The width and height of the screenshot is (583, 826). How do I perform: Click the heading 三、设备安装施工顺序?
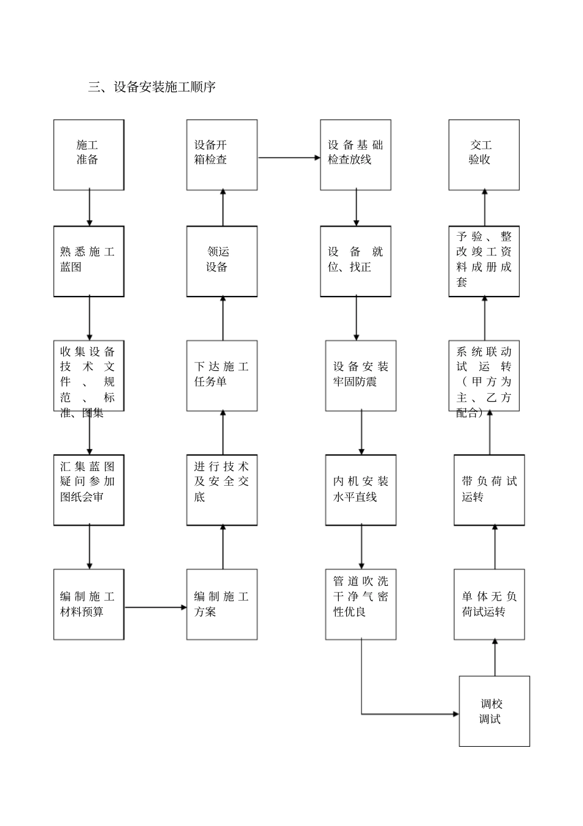[x=152, y=87]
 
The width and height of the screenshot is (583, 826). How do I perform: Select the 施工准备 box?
[x=89, y=155]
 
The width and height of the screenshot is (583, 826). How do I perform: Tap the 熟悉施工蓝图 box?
[x=89, y=261]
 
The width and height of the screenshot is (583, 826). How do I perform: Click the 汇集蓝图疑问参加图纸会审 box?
[x=89, y=490]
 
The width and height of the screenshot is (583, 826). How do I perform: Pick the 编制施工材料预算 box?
[x=89, y=604]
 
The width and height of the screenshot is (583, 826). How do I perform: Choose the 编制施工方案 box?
[x=222, y=604]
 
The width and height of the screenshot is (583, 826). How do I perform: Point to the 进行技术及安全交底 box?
[x=222, y=490]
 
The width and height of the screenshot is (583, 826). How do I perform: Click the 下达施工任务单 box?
[x=222, y=376]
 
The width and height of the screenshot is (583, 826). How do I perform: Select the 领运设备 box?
[x=222, y=261]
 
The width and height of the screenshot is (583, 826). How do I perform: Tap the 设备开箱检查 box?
[x=222, y=155]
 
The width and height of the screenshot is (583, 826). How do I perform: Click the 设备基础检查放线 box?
[x=355, y=155]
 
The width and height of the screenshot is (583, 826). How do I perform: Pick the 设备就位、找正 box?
[x=355, y=261]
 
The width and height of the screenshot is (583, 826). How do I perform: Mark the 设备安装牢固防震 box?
[x=361, y=376]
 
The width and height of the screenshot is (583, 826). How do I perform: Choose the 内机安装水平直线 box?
[x=361, y=490]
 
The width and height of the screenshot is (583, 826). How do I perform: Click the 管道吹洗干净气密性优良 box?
[x=361, y=604]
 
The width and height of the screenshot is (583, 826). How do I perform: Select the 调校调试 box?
[x=494, y=711]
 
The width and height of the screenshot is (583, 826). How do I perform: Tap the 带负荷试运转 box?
[x=489, y=490]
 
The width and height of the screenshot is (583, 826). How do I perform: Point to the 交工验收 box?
[x=484, y=155]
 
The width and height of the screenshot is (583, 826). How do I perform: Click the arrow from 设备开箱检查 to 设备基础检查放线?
[x=288, y=158]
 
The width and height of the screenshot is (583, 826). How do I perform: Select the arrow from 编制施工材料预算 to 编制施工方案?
[x=155, y=607]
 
